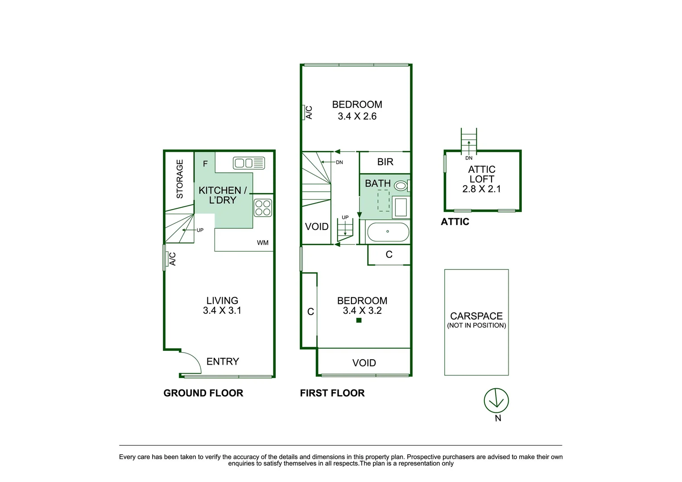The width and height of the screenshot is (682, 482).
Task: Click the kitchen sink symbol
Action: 249,163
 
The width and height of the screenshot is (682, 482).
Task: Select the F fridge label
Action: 205,164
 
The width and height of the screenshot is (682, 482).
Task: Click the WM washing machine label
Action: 263,243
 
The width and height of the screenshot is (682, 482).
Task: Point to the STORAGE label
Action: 180,179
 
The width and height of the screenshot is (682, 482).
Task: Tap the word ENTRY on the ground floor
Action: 223,361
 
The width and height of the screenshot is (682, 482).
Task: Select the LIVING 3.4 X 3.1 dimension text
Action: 222,311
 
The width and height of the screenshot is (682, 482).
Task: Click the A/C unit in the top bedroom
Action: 308,112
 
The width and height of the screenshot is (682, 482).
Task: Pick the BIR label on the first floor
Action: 385,162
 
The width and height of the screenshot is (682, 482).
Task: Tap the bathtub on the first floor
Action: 388,232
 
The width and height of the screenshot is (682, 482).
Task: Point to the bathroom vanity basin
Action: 401,208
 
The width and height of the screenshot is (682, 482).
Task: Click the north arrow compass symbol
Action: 496,401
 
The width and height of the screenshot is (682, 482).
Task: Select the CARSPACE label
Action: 476,316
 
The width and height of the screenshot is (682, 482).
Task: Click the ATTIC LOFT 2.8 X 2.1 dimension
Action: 482,189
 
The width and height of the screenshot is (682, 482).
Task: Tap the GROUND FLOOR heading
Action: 203,393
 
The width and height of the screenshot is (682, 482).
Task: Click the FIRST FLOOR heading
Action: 332,393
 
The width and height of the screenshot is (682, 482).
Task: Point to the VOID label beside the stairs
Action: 317,227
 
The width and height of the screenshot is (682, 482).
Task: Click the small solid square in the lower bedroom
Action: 359,320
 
